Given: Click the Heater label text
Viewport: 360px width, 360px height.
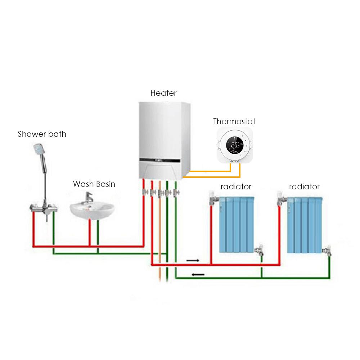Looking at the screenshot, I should pos(163,93).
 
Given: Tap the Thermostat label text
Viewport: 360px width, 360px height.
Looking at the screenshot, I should pos(234,121).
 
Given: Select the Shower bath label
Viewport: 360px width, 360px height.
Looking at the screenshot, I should pos(42,134).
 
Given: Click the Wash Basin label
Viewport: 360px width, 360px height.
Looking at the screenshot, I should pos(94,184).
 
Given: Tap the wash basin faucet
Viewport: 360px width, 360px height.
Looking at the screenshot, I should pos(89,198).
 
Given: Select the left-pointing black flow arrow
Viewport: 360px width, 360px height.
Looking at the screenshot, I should pos(198,275).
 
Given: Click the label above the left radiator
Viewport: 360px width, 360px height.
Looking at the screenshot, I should pos(236,187).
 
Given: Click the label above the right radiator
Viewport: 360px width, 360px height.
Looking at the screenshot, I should pos(304,187).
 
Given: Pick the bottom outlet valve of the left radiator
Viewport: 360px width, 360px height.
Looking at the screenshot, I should pos(259,251).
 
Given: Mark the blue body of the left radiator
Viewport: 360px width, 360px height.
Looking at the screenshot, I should pos(237,224).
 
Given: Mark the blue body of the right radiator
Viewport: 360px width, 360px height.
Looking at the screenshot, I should pos(304,224).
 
